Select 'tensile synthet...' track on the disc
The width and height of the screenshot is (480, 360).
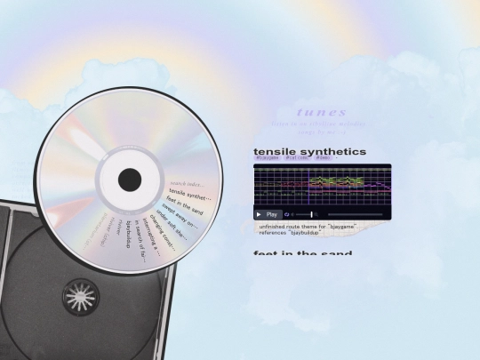(188, 195)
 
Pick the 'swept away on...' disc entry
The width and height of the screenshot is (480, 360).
(181, 219)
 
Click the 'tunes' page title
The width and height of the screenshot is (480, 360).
(321, 113)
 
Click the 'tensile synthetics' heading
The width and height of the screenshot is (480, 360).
(309, 152)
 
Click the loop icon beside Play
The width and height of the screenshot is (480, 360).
(288, 214)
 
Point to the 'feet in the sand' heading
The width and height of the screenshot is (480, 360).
(302, 254)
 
